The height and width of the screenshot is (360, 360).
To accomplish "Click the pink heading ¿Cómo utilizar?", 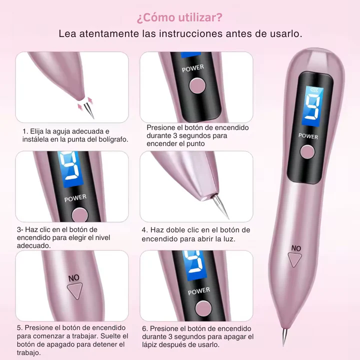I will (x=179, y=18).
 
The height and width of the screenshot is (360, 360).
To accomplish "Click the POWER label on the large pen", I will (x=308, y=135).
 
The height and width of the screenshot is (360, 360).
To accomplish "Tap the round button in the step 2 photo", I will (x=197, y=85).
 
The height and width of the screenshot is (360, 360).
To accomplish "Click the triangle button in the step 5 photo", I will (x=75, y=290).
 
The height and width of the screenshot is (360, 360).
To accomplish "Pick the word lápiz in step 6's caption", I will (x=151, y=345).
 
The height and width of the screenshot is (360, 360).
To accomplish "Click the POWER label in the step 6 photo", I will (x=199, y=290).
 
